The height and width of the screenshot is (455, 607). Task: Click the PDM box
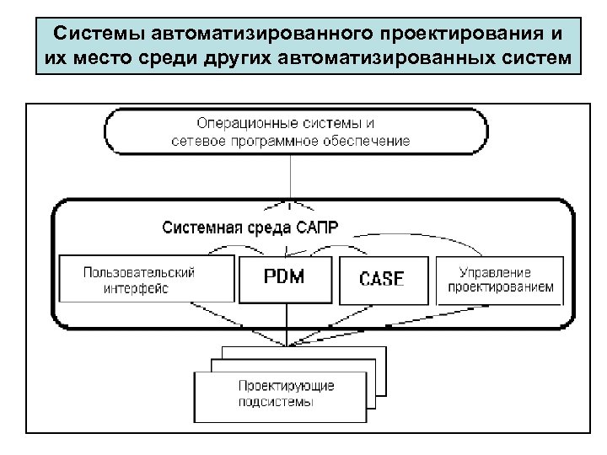tap(286, 278)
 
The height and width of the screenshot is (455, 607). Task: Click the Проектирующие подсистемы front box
tap(284, 394)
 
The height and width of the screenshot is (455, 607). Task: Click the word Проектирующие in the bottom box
tap(285, 386)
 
